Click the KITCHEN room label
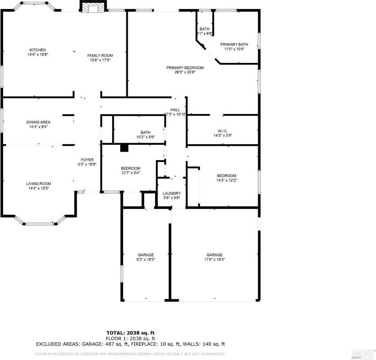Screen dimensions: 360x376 (38, 50)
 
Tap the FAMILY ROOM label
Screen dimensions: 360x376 (100, 56)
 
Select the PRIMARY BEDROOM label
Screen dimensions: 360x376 (185, 68)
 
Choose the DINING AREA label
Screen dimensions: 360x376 (38, 122)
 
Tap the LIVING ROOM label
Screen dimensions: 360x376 (38, 184)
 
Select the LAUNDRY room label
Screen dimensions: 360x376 (172, 193)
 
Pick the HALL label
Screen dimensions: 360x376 (175, 110)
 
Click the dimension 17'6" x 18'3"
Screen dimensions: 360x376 (215, 260)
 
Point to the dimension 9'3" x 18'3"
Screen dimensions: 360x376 (146, 260)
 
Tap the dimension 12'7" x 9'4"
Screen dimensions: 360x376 (131, 173)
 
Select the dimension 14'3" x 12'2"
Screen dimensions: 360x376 (227, 180)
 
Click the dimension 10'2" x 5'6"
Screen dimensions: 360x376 (145, 137)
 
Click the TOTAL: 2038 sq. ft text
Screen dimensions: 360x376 (130, 333)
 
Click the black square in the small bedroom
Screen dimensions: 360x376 (124, 148)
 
